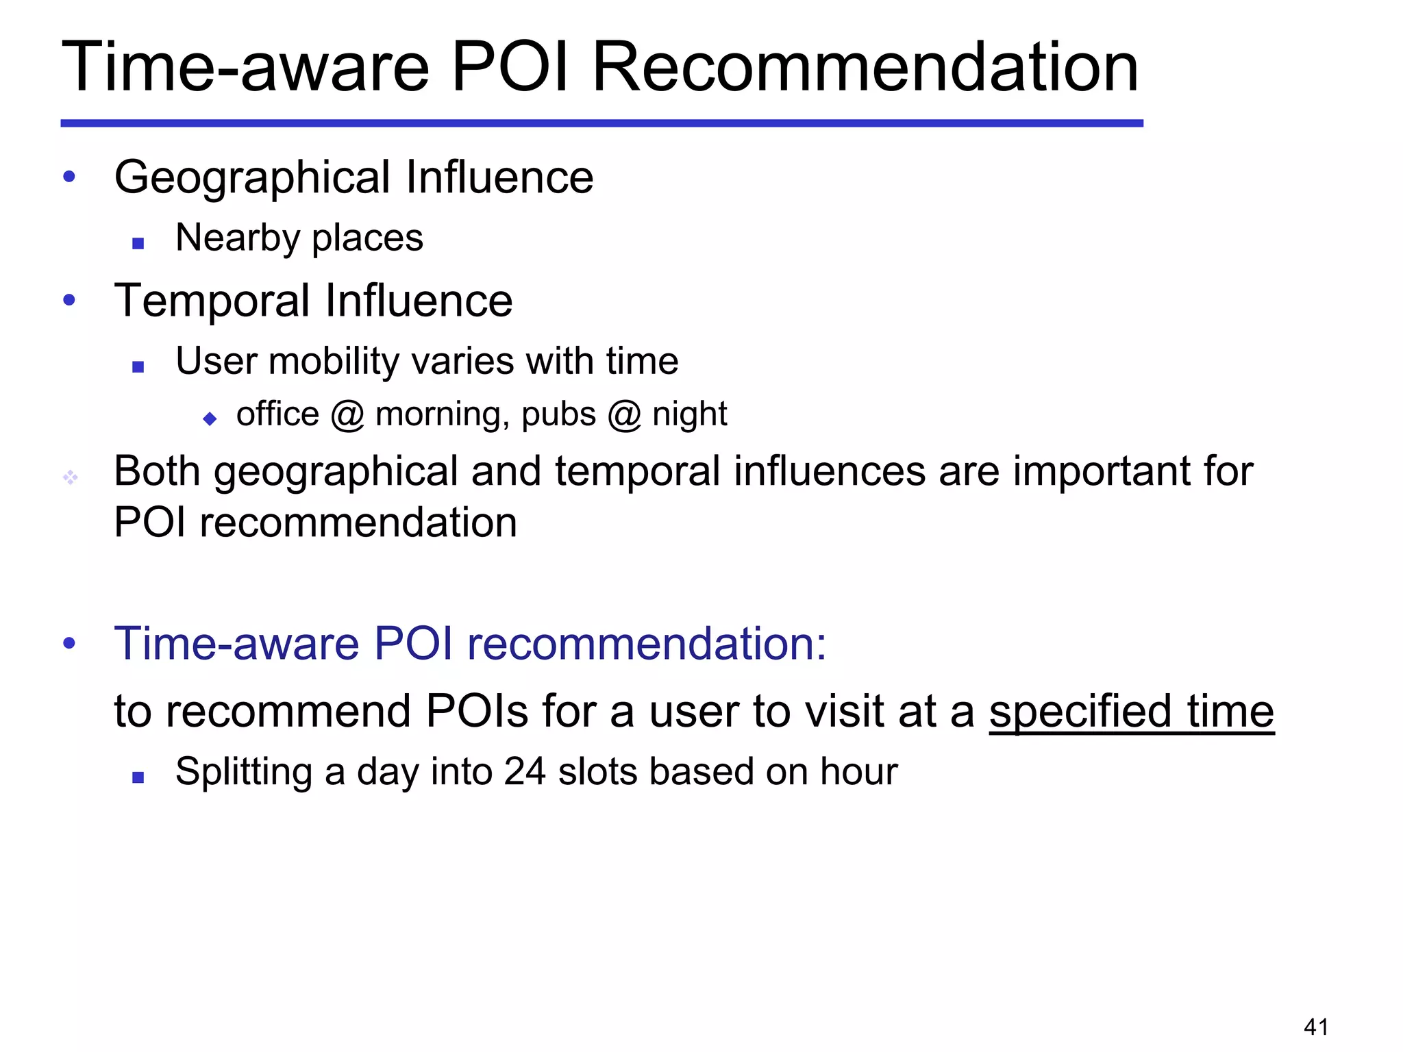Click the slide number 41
tap(1316, 1027)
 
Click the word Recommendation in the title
tap(865, 67)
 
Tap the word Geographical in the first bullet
tap(252, 178)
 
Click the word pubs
tap(558, 415)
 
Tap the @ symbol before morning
tap(347, 415)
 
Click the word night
tap(689, 415)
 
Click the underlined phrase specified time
tap(1131, 712)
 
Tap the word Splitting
tap(243, 773)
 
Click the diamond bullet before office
tap(210, 418)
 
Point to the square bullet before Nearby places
tap(138, 243)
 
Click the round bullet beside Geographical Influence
tap(69, 177)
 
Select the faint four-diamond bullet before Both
tap(70, 477)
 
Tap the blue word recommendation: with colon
tap(647, 644)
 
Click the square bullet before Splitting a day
tap(138, 777)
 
